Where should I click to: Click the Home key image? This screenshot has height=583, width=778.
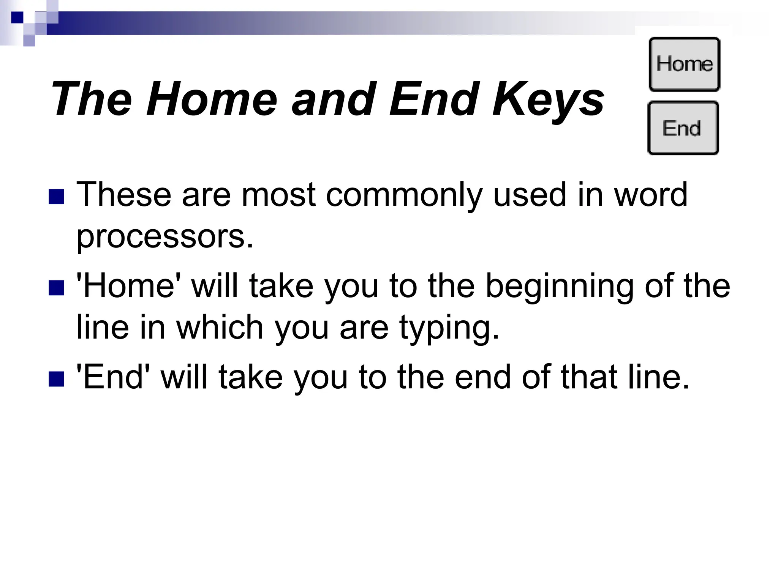tap(684, 64)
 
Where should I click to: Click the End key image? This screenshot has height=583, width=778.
tap(683, 128)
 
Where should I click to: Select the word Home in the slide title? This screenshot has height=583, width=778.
tap(212, 99)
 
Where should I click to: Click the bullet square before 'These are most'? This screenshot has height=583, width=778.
tap(56, 196)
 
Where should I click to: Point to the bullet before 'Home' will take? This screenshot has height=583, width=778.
tap(56, 287)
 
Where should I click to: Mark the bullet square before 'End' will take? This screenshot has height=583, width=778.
tap(56, 378)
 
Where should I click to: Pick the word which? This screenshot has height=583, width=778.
tap(220, 327)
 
